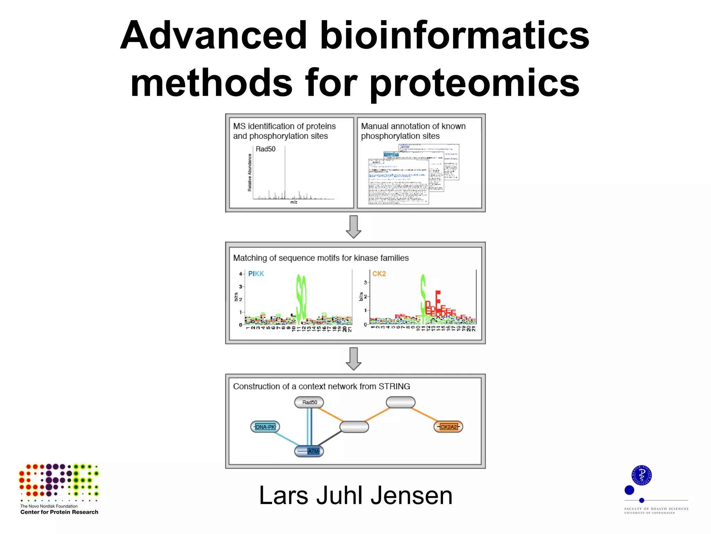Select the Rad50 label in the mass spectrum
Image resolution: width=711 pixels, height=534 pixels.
point(265,149)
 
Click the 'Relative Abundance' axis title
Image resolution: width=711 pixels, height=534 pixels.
point(250,172)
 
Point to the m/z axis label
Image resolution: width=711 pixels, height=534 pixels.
point(294,202)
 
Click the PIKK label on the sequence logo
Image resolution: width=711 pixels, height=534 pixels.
point(256,274)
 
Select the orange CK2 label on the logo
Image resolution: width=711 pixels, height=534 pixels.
point(379,274)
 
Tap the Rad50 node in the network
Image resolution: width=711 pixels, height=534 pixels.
point(309,402)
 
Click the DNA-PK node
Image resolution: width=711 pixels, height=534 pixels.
point(265,427)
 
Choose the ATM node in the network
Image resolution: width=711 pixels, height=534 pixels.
point(309,451)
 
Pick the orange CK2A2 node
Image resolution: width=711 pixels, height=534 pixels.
point(448,427)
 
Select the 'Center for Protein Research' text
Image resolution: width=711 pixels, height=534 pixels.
point(59,512)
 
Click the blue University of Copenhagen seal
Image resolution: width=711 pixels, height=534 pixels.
point(641,475)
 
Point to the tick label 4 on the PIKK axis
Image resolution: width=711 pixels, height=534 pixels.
point(240,274)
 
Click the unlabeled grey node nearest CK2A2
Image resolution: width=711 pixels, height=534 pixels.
point(400,403)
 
